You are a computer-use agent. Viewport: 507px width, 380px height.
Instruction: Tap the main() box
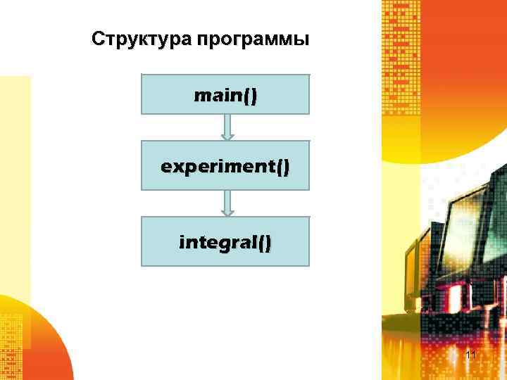point(225,94)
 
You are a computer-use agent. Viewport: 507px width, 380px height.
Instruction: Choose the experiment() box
point(225,166)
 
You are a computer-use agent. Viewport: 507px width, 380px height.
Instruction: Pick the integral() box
point(225,242)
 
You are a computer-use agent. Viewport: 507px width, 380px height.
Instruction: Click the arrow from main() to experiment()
point(227,127)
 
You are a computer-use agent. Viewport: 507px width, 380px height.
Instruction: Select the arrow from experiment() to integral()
point(227,203)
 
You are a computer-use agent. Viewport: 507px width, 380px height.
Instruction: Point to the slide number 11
point(471,355)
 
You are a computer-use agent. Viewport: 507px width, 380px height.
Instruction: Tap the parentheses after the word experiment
point(282,167)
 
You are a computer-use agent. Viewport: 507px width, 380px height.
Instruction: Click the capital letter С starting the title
point(98,39)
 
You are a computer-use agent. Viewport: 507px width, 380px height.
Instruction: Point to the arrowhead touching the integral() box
point(227,210)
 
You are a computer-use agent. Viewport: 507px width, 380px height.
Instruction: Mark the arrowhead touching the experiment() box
point(227,136)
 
